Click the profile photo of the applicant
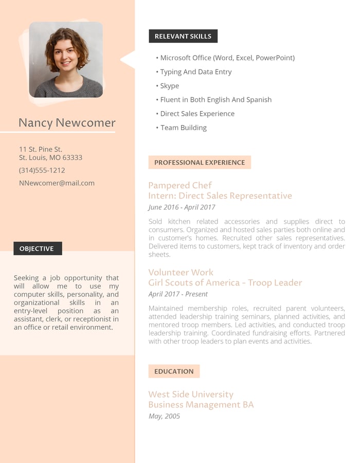(66, 59)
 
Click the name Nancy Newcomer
(67, 123)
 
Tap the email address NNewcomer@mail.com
(57, 183)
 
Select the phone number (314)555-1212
(42, 170)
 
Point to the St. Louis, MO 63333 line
(50, 157)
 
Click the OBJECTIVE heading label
(38, 248)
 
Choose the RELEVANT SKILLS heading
(183, 37)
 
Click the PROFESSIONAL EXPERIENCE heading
(200, 163)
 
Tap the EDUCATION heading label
(174, 371)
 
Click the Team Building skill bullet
(183, 128)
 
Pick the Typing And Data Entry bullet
(195, 72)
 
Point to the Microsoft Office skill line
(227, 58)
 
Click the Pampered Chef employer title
(180, 185)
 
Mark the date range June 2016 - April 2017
(182, 207)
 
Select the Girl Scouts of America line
(225, 283)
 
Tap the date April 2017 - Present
(178, 294)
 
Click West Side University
(191, 395)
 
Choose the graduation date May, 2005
(164, 416)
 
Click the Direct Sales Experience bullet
(197, 114)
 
